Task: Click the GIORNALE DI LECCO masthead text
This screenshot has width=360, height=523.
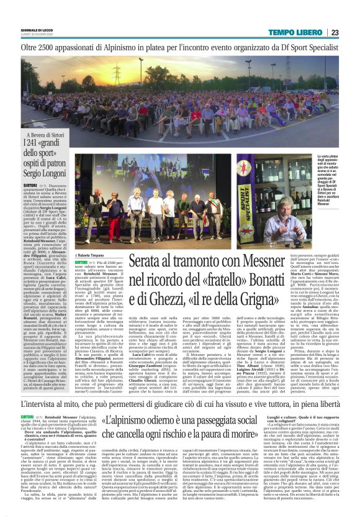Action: click(x=38, y=30)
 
